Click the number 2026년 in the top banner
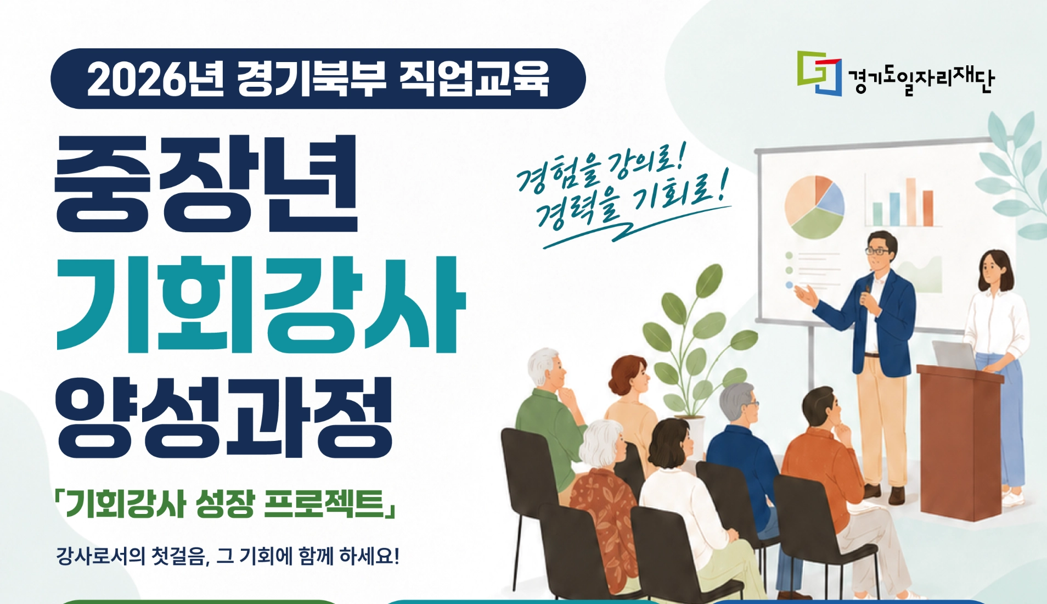coord(155,79)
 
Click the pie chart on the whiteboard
coord(814,206)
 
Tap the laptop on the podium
coord(955,355)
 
